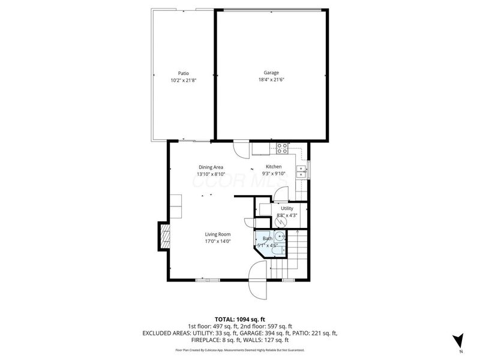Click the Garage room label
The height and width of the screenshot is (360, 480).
[x=271, y=73]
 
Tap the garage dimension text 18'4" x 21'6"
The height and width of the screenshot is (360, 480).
[x=271, y=79]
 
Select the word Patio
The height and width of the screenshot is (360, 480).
[x=183, y=73]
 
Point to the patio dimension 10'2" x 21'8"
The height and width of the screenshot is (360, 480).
[x=183, y=80]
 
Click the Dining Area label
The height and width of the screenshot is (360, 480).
[x=211, y=167]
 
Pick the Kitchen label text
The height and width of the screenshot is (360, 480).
[x=274, y=167]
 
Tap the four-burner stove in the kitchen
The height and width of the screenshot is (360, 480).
[x=283, y=147]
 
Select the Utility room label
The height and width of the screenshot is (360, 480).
[x=287, y=208]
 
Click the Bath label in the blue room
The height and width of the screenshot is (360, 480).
[x=267, y=239]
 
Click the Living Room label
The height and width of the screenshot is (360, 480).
[x=218, y=235]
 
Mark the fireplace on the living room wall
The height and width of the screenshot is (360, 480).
[x=162, y=236]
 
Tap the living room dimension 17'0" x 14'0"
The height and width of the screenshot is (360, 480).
[x=218, y=241]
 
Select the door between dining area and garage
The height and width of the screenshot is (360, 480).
[x=241, y=148]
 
